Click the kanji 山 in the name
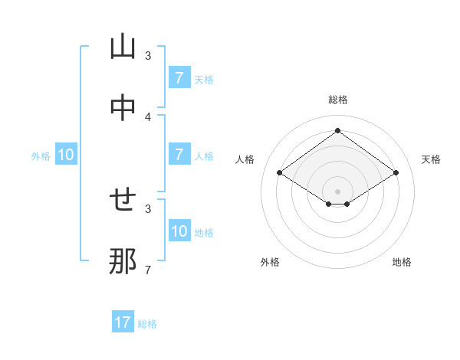(x=123, y=47)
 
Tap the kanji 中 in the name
(x=123, y=109)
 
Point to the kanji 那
(x=123, y=262)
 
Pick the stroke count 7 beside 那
(x=148, y=270)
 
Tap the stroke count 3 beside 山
(x=148, y=56)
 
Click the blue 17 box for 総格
(x=123, y=322)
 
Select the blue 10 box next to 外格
(x=66, y=155)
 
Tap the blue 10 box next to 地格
(x=179, y=231)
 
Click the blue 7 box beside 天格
(x=179, y=78)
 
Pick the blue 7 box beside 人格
(x=179, y=155)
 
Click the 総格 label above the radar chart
(x=337, y=100)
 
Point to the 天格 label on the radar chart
(x=431, y=159)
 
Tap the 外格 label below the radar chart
(x=270, y=262)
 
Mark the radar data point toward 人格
(x=280, y=173)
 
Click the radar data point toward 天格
(x=396, y=173)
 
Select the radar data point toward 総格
(x=337, y=131)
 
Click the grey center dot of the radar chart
(x=337, y=191)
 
